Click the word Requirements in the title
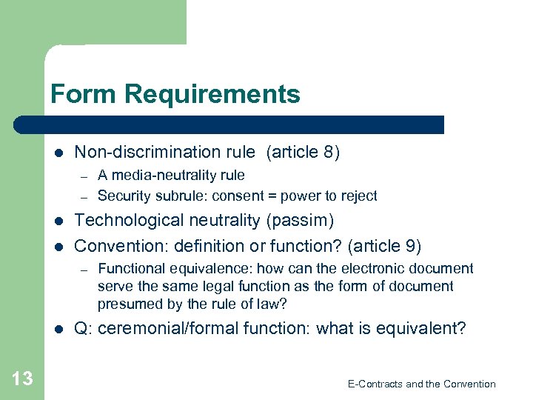coord(213,95)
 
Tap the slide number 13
coord(22,379)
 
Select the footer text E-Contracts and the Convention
coord(421,384)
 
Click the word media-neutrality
coord(167,176)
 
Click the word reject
coord(358,196)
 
